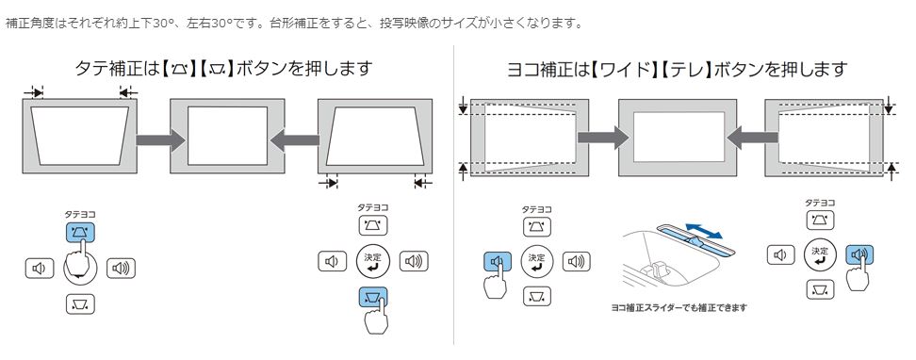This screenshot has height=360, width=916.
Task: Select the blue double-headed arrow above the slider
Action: [x=705, y=230]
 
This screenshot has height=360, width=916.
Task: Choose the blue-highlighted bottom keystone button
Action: [x=372, y=298]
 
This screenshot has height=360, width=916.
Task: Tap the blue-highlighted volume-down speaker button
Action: [x=498, y=262]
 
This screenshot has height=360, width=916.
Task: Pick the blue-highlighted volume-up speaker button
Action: [x=859, y=254]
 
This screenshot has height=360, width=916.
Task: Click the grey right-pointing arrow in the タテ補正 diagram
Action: [x=160, y=139]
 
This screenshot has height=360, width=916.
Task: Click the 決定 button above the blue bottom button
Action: [x=372, y=261]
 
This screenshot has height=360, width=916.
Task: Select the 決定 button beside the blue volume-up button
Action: [x=820, y=254]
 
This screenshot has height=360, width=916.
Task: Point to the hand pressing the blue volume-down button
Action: [x=495, y=281]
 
